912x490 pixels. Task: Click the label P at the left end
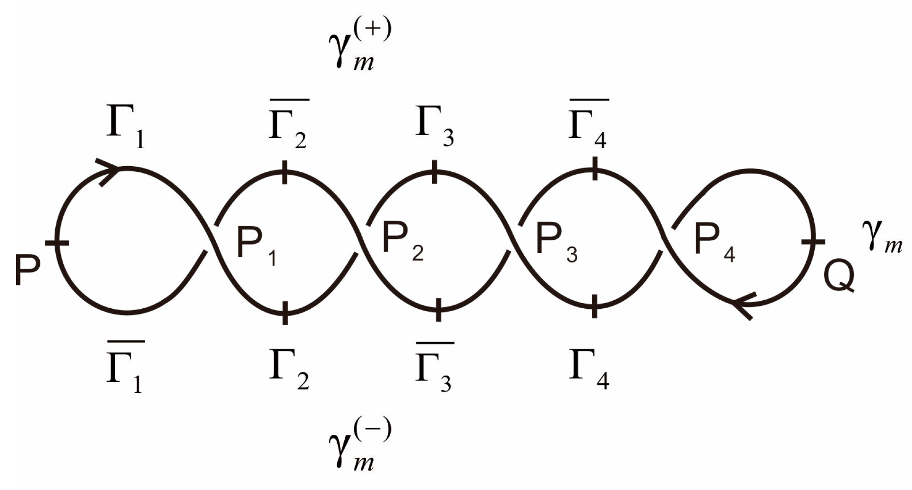pyautogui.click(x=27, y=270)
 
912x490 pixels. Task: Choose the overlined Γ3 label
pyautogui.click(x=434, y=368)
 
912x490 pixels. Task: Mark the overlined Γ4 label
pyautogui.click(x=588, y=126)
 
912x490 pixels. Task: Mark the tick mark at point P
pyautogui.click(x=57, y=243)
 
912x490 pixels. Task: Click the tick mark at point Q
pyautogui.click(x=813, y=242)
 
